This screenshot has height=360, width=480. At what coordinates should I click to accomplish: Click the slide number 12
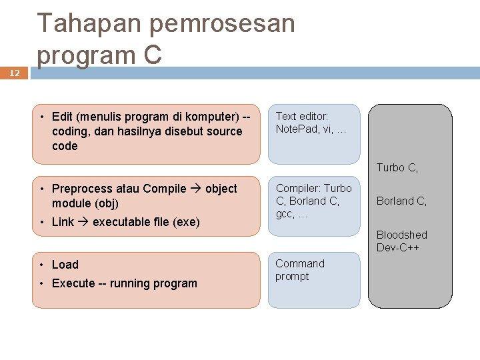(x=15, y=75)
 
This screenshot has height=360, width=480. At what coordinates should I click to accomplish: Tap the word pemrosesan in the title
(x=221, y=24)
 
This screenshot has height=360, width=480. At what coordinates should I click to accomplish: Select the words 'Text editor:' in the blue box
(x=302, y=117)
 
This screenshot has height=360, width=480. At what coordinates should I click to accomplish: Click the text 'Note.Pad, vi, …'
(x=311, y=129)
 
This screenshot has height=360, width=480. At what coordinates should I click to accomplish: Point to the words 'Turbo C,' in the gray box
(x=397, y=168)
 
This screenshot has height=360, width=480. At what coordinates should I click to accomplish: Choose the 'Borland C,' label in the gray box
(x=402, y=201)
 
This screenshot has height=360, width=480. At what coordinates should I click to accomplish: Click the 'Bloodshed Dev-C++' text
(x=402, y=241)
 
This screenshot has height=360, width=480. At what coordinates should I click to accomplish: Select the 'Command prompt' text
(x=300, y=270)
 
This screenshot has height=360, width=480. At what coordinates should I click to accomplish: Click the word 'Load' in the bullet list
(x=65, y=265)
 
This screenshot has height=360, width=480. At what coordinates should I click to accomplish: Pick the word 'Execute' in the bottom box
(x=73, y=283)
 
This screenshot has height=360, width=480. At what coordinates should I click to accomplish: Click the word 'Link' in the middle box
(x=63, y=222)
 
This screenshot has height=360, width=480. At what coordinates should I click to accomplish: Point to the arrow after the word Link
(x=83, y=222)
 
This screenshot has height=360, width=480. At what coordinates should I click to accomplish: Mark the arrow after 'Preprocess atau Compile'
(x=196, y=189)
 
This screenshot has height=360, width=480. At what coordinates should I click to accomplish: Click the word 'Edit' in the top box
(x=63, y=117)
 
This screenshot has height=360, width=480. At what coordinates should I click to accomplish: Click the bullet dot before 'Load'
(x=41, y=265)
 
